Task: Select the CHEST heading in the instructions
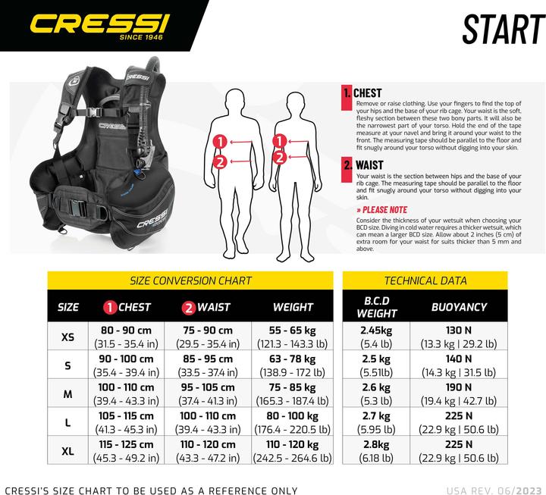coord(367,93)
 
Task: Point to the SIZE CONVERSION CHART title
coord(190,280)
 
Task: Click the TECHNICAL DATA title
coord(425,280)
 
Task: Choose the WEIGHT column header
coord(293,307)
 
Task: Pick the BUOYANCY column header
coord(459,307)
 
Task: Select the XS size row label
coord(68,337)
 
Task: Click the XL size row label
coord(68,450)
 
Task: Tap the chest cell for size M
coord(126,393)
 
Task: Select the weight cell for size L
coord(293,421)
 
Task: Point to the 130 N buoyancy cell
coord(459,337)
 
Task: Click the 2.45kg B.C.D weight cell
coord(375,337)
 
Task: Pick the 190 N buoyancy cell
coord(459,393)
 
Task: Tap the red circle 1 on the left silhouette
coord(219,141)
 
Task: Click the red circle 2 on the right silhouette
coord(279,157)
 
